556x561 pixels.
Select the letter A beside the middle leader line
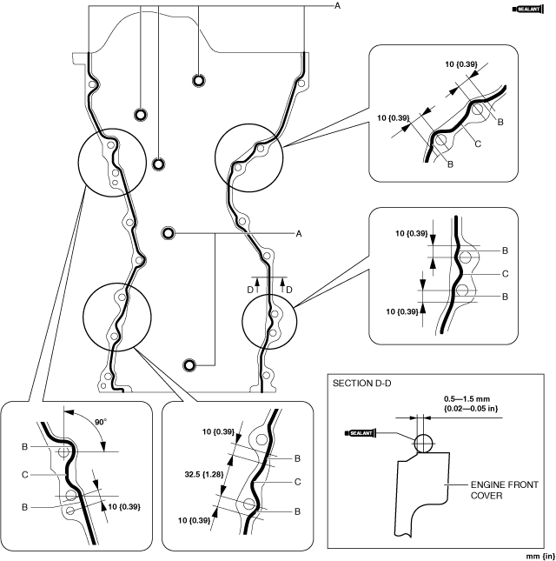298,233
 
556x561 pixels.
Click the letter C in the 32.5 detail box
297,481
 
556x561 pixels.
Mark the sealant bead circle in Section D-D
422,444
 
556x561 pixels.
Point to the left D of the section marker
250,288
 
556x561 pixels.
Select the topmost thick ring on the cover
199,81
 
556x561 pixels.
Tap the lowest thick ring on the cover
190,364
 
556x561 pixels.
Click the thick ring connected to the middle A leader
169,233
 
